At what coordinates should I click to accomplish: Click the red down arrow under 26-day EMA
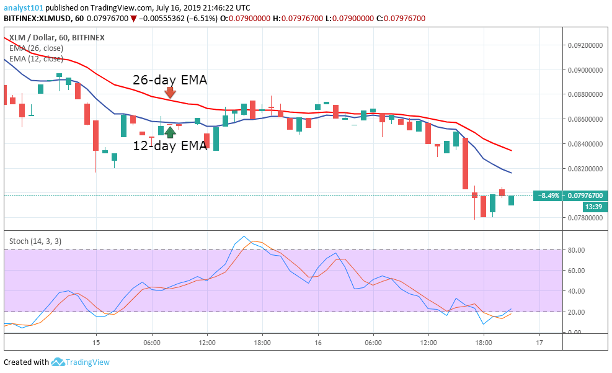tap(170, 93)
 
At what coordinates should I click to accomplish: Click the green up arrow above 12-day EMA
tap(170, 132)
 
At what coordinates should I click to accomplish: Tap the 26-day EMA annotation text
tap(170, 80)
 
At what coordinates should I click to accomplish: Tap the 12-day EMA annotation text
tap(170, 146)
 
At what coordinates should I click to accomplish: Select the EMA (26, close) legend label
tap(36, 48)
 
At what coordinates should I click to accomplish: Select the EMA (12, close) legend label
tap(36, 59)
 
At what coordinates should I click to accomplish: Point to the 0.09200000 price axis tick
tap(586, 45)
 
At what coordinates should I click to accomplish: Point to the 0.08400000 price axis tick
tap(586, 144)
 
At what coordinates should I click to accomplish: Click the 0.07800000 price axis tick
tap(586, 218)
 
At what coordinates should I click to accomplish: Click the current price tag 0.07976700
tap(586, 195)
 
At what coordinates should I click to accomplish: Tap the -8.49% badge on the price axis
tap(548, 195)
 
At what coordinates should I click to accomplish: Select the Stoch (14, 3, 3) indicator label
tap(35, 241)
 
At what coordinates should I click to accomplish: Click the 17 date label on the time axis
tap(539, 343)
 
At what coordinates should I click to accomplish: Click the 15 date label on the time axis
tap(96, 343)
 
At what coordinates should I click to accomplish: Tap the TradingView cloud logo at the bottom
tap(58, 362)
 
